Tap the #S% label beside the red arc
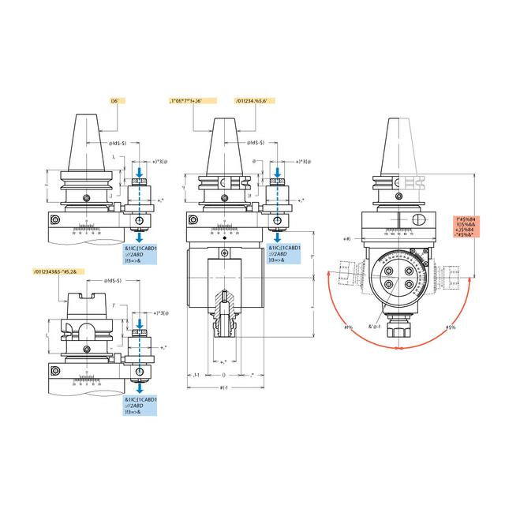450,326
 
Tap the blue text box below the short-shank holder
143,406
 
